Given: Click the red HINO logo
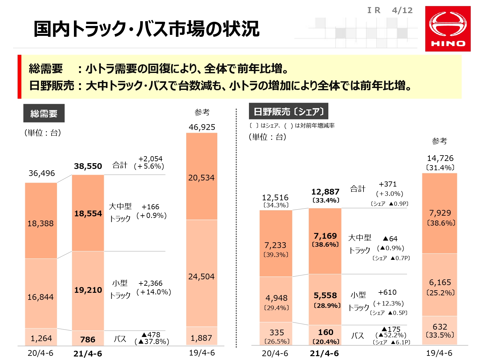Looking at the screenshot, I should click(448, 29).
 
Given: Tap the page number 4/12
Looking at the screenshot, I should click(402, 11).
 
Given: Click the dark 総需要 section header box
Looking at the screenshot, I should click(44, 113).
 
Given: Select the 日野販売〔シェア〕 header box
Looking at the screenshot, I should click(289, 111).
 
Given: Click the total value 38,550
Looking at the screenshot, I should click(88, 166).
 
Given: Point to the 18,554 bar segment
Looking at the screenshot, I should click(88, 213).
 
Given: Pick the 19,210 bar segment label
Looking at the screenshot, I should click(88, 290).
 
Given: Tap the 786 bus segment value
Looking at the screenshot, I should click(88, 339).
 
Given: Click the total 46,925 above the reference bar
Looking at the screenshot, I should click(202, 127).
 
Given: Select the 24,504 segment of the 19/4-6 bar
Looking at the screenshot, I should click(201, 276).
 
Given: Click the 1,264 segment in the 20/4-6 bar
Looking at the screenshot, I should click(41, 338).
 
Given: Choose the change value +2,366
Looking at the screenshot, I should click(150, 283).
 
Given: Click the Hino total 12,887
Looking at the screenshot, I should click(325, 192).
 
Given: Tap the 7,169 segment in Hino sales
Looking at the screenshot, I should click(325, 236).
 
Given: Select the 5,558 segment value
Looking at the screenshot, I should click(325, 295).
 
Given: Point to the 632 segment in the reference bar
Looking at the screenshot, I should click(440, 327).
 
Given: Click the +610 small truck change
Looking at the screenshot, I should click(387, 292).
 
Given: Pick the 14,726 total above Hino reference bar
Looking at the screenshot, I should click(440, 158).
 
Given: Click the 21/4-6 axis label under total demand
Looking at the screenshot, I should click(88, 354).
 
